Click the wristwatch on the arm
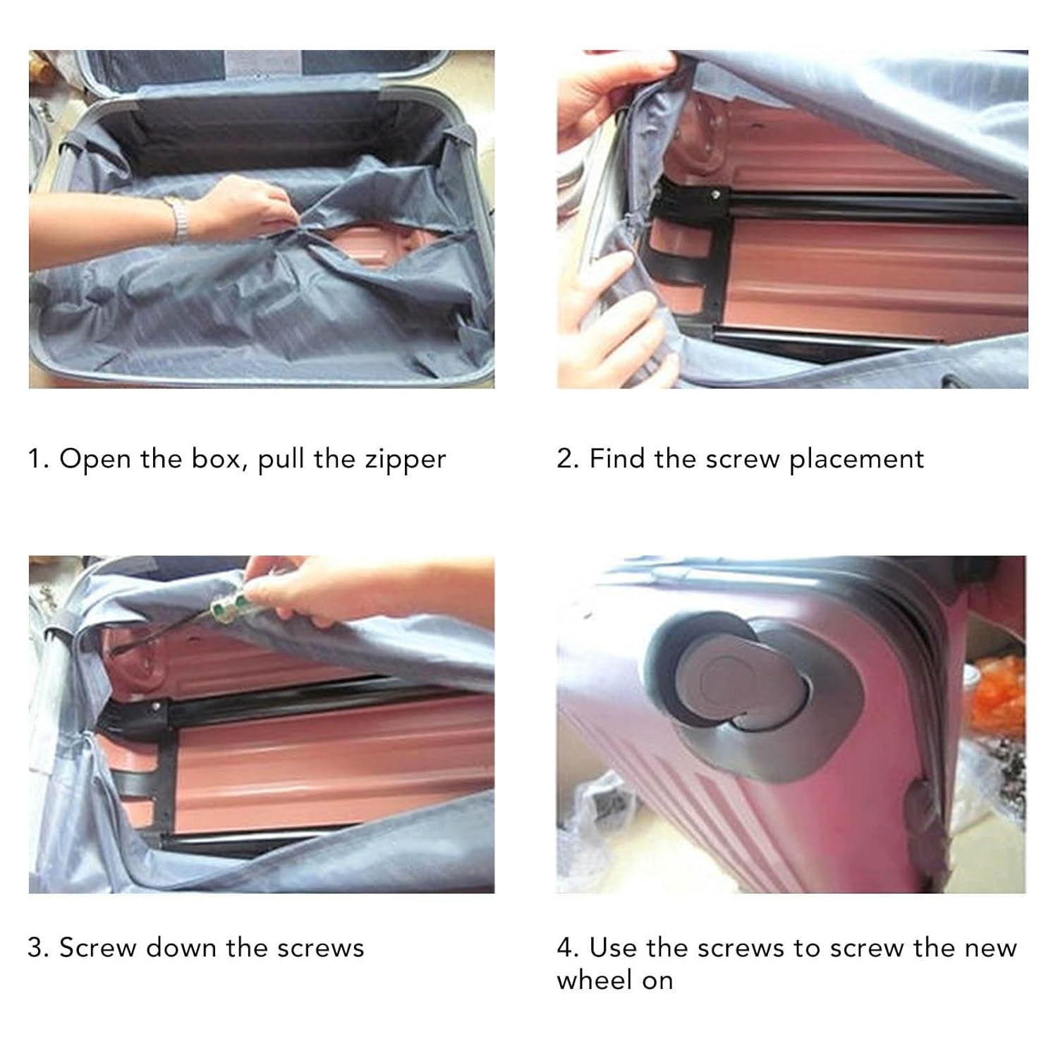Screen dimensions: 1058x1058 [x=179, y=219]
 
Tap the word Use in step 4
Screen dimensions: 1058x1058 [x=613, y=947]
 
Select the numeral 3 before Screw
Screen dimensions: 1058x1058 [x=36, y=947]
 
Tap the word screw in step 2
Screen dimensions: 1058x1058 [x=743, y=460]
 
